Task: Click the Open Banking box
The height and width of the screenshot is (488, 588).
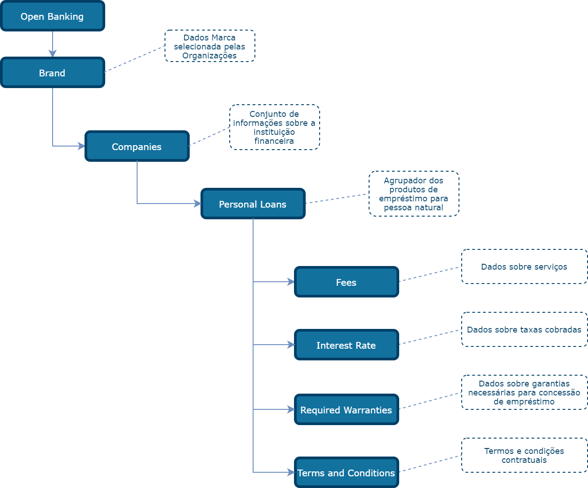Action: (x=53, y=16)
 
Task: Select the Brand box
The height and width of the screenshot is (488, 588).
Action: (x=53, y=73)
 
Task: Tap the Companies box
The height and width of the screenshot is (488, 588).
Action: (x=137, y=146)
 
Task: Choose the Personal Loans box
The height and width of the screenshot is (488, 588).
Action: (x=253, y=204)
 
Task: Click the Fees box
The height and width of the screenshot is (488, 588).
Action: (x=347, y=282)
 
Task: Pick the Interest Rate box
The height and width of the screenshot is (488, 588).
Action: (x=347, y=345)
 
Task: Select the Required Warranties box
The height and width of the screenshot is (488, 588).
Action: (x=347, y=410)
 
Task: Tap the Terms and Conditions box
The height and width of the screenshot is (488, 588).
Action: (x=347, y=473)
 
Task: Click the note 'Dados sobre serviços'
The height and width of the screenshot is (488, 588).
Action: (x=524, y=267)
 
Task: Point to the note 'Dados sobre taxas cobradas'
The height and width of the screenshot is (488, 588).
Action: (x=524, y=330)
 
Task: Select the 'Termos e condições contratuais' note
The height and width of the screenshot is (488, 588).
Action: (x=524, y=455)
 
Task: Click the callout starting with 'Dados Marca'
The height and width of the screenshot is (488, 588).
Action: (x=209, y=46)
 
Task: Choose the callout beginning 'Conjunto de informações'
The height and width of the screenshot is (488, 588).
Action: (x=274, y=127)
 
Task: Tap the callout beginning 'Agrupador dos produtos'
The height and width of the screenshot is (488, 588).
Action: (x=414, y=194)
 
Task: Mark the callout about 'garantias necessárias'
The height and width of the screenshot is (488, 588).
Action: (x=524, y=392)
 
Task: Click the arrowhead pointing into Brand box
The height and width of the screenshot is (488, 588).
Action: (x=53, y=54)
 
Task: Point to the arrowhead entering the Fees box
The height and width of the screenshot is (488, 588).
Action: (x=291, y=282)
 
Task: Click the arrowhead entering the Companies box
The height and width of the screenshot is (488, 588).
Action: (x=82, y=146)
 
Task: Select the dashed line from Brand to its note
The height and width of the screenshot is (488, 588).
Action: (x=134, y=59)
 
